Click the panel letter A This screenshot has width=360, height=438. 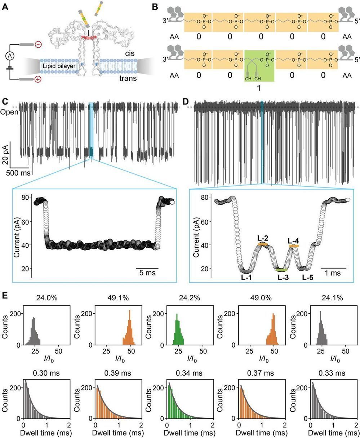coord(5,7)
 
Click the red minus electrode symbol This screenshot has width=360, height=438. coord(39,44)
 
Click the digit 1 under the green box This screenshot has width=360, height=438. coord(259,88)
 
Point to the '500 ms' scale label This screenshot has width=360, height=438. coord(17,172)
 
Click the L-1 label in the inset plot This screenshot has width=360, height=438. coord(246,277)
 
